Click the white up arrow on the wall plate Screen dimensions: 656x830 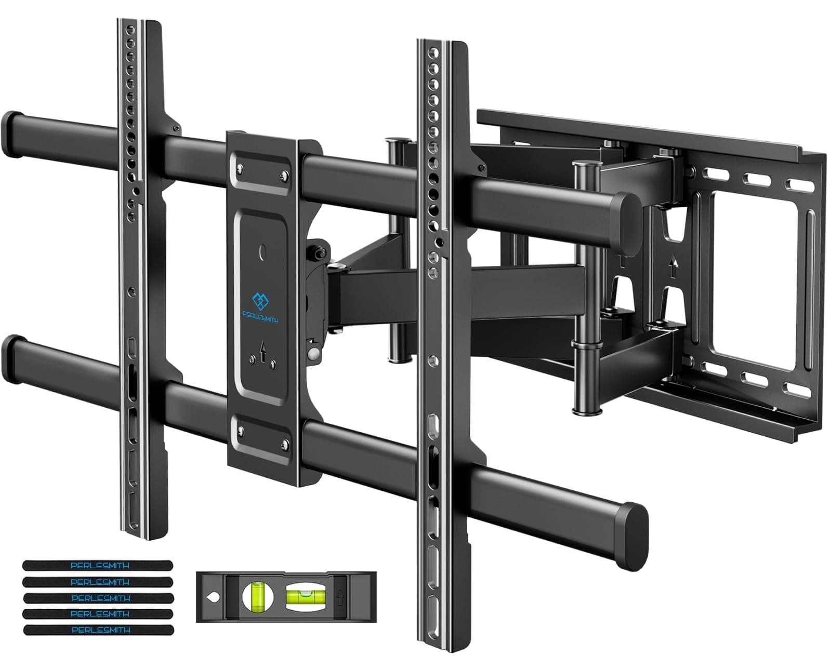674,269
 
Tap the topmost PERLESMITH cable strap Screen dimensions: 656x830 98,565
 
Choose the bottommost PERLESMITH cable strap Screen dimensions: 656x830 98,630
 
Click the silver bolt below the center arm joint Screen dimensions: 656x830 313,353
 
